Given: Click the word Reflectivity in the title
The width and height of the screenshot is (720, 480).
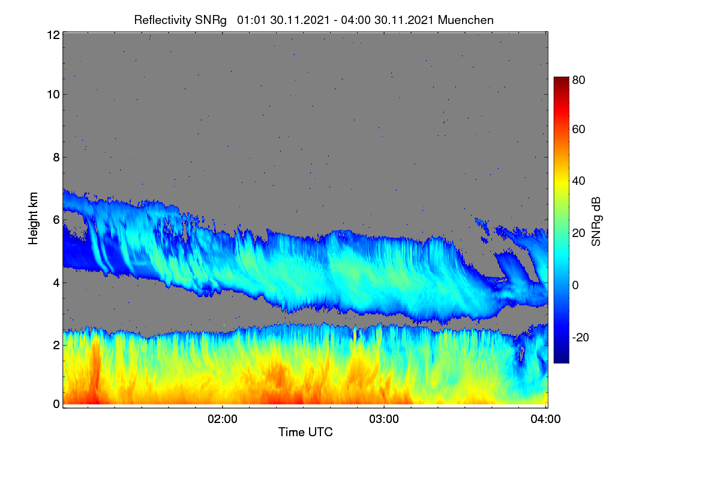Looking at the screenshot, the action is (163, 20).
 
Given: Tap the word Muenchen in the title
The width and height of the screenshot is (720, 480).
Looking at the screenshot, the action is (466, 20).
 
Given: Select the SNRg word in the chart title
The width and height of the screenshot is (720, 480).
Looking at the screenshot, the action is (211, 20).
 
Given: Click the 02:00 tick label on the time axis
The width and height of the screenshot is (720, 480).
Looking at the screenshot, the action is (223, 419).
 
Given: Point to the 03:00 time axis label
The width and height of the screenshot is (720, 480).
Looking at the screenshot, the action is (384, 419).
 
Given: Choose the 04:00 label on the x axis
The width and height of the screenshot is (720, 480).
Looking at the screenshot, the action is (546, 419).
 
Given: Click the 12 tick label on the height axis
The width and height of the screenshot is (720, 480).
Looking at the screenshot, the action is (53, 35).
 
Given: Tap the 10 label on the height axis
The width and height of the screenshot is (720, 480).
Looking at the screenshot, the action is (53, 95).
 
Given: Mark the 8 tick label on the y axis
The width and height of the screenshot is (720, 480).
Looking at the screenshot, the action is (56, 158).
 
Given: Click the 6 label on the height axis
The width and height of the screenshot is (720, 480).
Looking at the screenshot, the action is (56, 220).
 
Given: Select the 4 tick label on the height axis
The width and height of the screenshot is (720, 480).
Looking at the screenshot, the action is (56, 283).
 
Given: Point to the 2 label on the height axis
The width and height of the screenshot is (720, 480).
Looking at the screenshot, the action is (56, 345).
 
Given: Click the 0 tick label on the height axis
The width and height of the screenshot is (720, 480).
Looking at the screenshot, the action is (56, 404).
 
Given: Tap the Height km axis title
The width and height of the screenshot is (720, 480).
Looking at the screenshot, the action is (33, 218).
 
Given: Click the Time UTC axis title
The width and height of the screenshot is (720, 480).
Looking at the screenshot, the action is (305, 432).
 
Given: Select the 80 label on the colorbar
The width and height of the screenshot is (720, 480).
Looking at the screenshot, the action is (578, 80).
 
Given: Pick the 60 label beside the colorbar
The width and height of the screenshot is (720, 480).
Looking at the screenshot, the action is (578, 129).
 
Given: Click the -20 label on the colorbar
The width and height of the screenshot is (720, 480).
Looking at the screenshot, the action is (581, 337).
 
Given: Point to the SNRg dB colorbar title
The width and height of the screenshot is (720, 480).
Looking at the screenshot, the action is (596, 222).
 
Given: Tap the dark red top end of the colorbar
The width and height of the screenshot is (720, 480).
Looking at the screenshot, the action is (561, 79).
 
